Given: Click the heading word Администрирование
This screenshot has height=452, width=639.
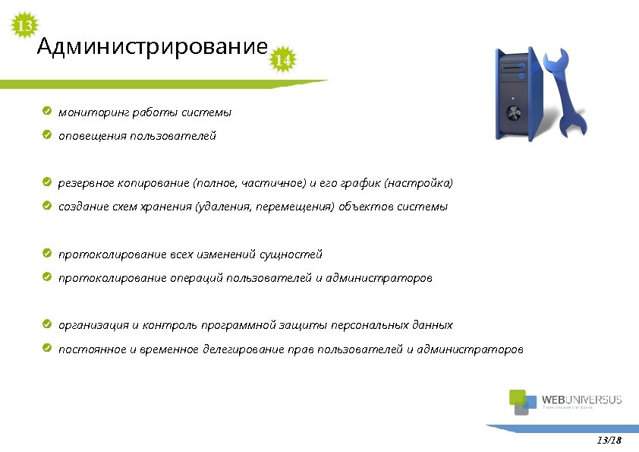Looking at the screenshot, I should click(x=152, y=49).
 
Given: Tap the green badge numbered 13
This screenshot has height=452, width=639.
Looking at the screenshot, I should click(x=25, y=27).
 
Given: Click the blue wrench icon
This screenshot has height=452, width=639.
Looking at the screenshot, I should click(x=569, y=91).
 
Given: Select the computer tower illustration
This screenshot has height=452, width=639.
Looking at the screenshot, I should click(x=518, y=93).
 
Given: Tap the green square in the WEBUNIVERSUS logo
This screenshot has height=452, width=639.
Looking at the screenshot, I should click(x=517, y=396).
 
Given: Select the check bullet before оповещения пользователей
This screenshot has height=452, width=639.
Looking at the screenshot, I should click(x=47, y=135).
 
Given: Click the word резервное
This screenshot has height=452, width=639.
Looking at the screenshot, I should click(x=86, y=183).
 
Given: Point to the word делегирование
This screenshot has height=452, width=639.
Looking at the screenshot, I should click(x=242, y=349).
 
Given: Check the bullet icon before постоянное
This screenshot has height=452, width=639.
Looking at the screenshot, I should click(x=47, y=349).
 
